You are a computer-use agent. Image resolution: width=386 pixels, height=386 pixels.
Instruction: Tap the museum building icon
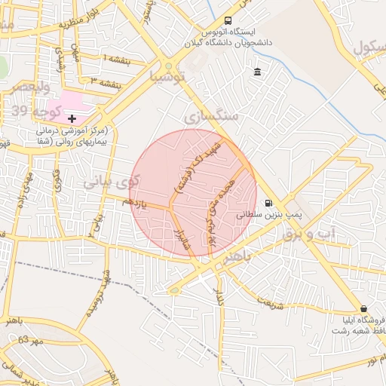coord(258,72)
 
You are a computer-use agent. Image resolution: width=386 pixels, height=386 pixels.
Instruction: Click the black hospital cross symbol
coord(72,118)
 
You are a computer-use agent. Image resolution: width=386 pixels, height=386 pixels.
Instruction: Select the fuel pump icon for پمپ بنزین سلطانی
coord(269,204)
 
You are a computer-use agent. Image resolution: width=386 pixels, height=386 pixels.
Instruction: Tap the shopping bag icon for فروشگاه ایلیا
coord(364,308)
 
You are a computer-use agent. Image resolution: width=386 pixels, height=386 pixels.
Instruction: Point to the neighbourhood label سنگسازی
coord(210,117)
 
